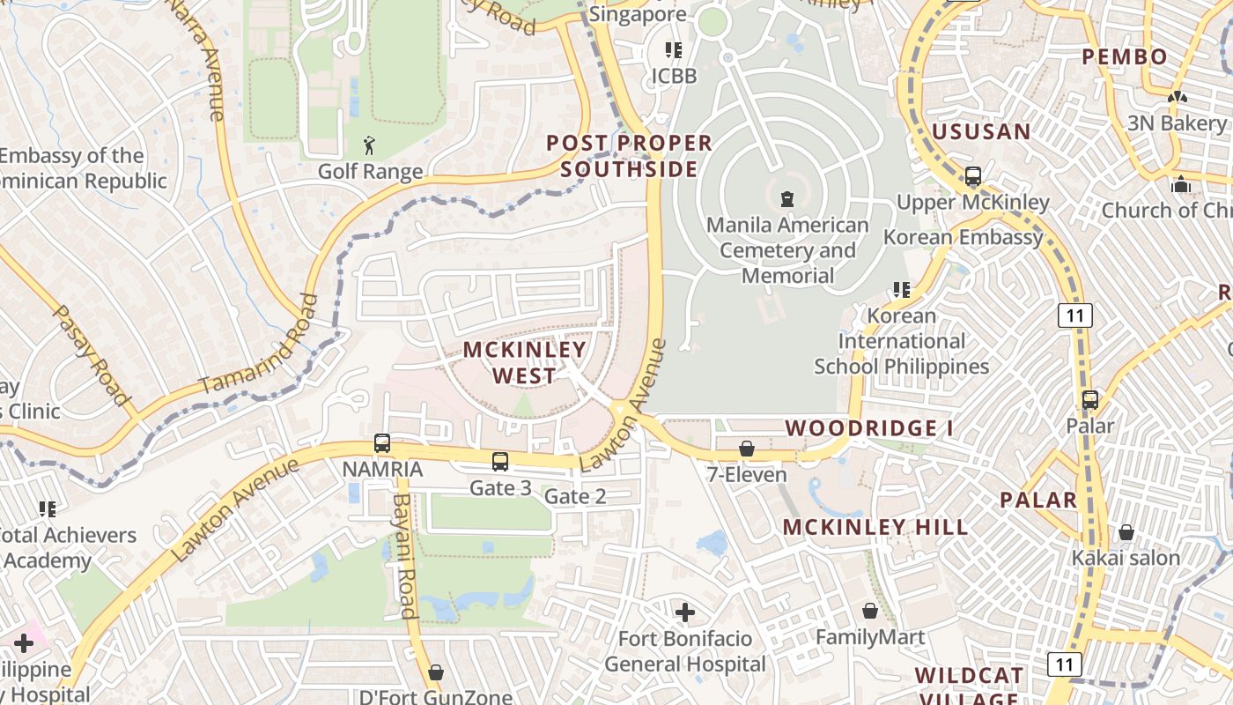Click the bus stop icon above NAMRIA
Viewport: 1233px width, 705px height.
point(382,443)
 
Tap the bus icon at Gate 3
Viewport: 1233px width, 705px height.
point(500,461)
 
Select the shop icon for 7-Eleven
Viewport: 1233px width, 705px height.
point(747,449)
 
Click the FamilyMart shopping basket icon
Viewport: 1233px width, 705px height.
point(870,611)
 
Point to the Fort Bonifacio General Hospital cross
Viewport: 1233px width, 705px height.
point(685,612)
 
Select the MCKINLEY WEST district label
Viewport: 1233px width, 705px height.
point(525,362)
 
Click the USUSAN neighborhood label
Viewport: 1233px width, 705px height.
point(981,132)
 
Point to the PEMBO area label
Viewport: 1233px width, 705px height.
point(1125,57)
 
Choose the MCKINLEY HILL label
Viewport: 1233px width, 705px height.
point(875,527)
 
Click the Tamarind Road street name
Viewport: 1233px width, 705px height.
point(258,345)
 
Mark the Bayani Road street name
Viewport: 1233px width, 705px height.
point(403,555)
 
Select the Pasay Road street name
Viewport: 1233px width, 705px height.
point(91,354)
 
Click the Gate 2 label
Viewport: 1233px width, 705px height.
point(575,497)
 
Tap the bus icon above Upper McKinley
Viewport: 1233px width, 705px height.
point(973,176)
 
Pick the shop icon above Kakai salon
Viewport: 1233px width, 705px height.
point(1126,532)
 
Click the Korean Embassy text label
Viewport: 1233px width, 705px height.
point(964,237)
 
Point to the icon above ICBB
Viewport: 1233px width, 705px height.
point(674,50)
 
